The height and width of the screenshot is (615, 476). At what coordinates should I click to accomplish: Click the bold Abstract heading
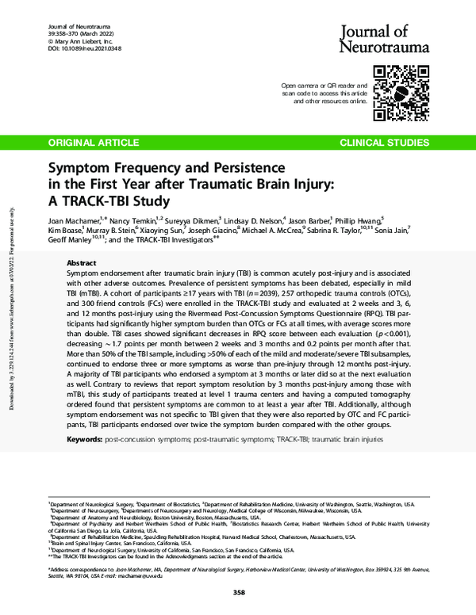point(82,262)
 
